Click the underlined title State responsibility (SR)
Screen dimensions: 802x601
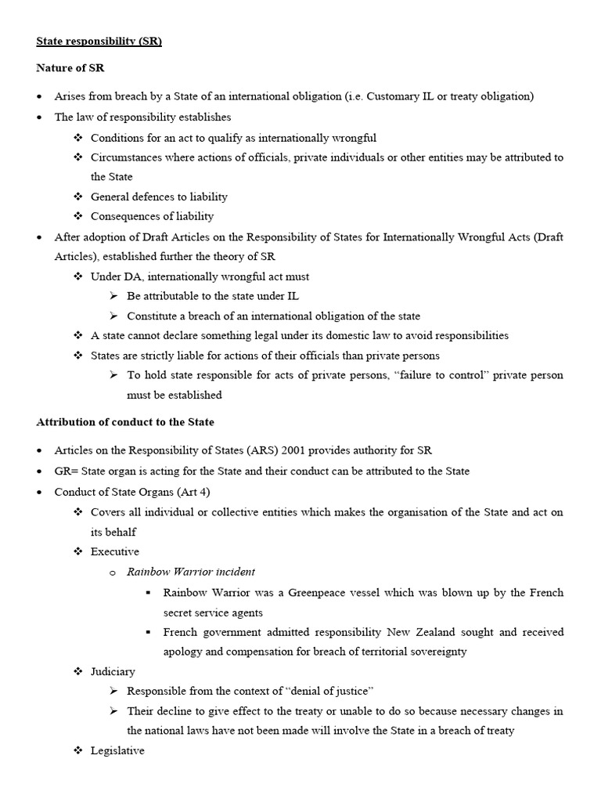[x=99, y=42]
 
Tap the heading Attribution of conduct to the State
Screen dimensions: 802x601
[x=125, y=421]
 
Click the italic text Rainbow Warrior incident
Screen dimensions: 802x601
[x=191, y=572]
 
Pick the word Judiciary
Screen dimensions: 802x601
[x=113, y=671]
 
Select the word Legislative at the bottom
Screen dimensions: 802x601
[x=117, y=750]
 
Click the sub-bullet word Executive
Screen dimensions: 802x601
[x=114, y=551]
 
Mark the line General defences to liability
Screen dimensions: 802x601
[x=159, y=197]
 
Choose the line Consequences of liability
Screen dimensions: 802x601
[x=152, y=216]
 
